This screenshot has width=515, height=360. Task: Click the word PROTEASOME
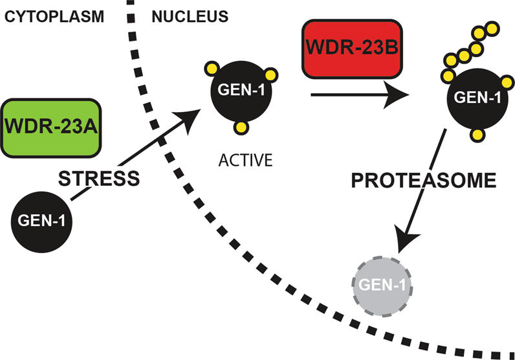pos(424,181)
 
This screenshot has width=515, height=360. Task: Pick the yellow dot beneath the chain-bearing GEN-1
pos(479,135)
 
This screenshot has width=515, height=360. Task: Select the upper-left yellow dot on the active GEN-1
pos(211,67)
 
